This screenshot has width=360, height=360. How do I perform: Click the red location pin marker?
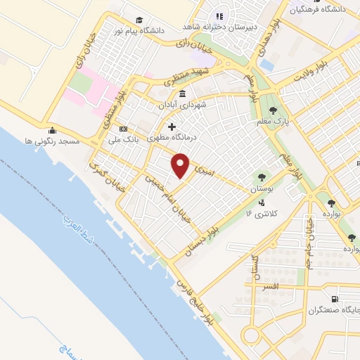[x=181, y=165]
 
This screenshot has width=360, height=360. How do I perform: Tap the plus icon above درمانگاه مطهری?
[x=171, y=127]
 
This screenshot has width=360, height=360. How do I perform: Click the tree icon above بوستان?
[x=262, y=178]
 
